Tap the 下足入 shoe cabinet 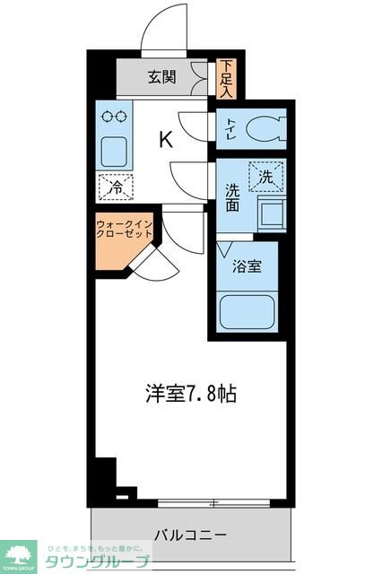tap(226, 78)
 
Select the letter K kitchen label tap(166, 139)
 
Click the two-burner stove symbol tap(115, 116)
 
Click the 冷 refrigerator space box tap(116, 187)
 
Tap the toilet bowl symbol tap(262, 128)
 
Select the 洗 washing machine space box tap(266, 177)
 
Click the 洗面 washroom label tap(232, 196)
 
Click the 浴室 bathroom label tap(247, 266)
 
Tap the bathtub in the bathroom tap(247, 311)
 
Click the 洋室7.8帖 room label tap(190, 393)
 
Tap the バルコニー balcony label tap(189, 535)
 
